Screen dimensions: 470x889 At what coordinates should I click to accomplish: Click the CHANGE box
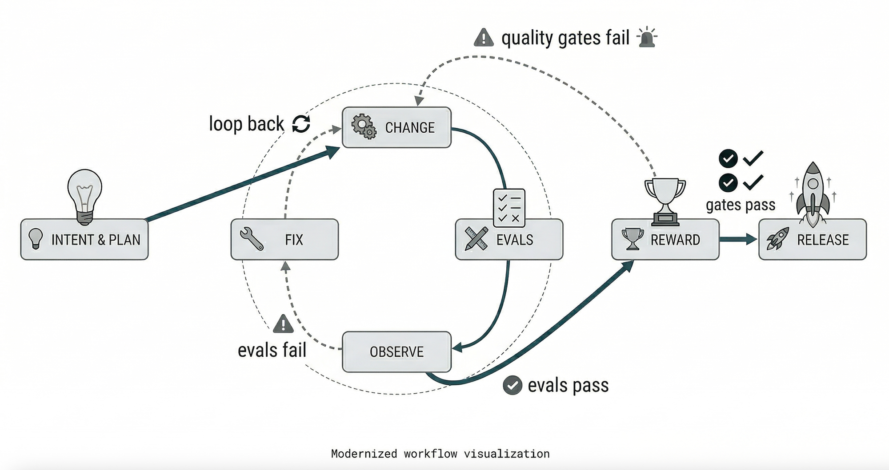point(396,127)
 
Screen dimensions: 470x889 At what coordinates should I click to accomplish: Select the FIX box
point(284,239)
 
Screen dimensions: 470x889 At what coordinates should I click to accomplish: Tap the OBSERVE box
point(396,352)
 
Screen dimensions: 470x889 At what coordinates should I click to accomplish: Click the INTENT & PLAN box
point(84,239)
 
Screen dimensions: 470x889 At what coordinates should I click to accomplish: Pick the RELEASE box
point(812,239)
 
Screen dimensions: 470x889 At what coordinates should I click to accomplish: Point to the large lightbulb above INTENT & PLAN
point(84,195)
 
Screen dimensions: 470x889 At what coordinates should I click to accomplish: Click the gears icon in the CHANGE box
point(364,126)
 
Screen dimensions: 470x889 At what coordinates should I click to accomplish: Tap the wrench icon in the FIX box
point(252,239)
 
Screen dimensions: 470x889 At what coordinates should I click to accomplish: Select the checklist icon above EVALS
point(509,208)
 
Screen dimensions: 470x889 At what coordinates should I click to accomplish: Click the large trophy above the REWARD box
point(665,201)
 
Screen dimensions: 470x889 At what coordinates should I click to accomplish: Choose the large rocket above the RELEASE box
point(813,193)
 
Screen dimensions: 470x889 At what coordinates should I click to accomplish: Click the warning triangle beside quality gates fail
point(484,38)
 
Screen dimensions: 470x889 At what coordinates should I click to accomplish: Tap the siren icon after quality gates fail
point(647,37)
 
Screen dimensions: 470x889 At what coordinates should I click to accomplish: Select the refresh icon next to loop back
point(301,124)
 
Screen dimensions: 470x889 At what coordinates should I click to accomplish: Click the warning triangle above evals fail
point(283,324)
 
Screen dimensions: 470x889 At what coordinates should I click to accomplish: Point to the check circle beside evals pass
point(512,385)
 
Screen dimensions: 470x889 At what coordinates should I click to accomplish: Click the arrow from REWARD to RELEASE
point(738,239)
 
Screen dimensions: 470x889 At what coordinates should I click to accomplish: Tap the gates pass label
point(741,205)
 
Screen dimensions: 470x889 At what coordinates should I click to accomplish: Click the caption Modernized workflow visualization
point(440,454)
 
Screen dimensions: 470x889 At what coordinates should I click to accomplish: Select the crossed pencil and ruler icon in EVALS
point(476,239)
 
